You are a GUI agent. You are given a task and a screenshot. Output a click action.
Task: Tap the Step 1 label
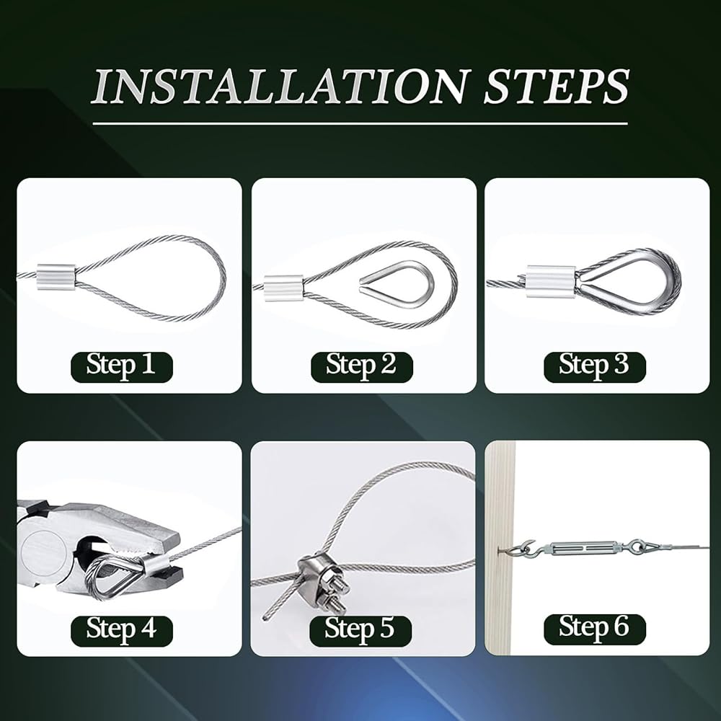121,367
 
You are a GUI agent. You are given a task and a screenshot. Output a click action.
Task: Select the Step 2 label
361,367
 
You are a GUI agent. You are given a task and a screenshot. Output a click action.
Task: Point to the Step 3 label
595,367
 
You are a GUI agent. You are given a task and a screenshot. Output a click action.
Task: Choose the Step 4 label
121,631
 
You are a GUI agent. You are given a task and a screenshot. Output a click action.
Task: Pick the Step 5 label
360,631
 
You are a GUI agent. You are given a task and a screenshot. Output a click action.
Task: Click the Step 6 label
595,629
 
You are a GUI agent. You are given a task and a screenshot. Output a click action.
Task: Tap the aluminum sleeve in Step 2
283,288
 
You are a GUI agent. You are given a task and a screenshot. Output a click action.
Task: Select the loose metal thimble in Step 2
397,284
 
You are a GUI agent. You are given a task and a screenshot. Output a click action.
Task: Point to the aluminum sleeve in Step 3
551,280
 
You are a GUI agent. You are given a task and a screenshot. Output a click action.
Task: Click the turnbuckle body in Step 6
582,548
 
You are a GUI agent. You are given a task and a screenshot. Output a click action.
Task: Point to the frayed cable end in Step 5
265,616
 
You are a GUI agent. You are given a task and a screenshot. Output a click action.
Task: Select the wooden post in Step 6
500,548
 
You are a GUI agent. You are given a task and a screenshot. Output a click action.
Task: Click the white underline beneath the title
360,123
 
